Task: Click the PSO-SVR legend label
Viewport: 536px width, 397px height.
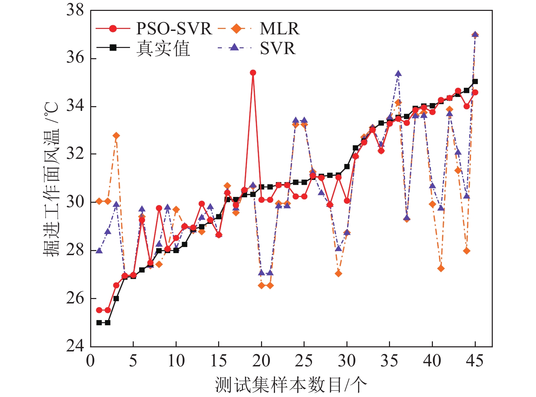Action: point(174,29)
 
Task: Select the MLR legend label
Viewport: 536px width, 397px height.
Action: point(279,29)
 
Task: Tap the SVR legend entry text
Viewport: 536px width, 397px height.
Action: point(278,48)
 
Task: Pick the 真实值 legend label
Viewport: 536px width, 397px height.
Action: point(163,48)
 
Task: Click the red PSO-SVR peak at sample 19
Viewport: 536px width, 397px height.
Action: point(253,72)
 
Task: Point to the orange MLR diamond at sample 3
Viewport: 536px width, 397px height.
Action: point(116,136)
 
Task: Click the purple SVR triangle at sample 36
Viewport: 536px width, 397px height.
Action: point(398,74)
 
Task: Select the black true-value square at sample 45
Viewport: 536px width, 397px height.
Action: point(475,81)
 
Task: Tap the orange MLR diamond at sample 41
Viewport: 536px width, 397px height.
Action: point(441,268)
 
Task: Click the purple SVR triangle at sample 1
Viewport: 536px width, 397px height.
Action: point(99,251)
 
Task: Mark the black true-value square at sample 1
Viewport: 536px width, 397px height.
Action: point(99,322)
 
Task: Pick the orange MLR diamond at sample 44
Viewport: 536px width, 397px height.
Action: point(467,251)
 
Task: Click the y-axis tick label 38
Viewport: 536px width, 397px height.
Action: point(75,10)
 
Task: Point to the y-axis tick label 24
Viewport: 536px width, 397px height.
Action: point(75,346)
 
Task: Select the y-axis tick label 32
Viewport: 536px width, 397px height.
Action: point(75,154)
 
